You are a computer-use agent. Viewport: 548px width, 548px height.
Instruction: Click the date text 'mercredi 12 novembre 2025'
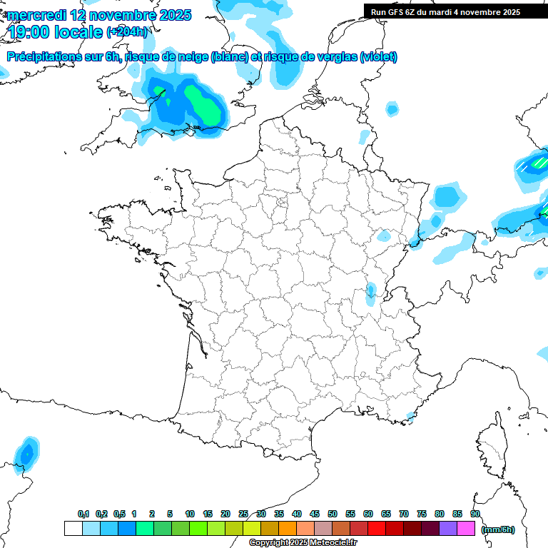98,15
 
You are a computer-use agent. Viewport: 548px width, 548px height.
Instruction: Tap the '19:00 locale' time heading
55,31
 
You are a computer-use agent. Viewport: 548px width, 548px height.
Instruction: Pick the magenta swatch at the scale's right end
466,529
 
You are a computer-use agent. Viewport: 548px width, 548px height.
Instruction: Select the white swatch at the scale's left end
73,529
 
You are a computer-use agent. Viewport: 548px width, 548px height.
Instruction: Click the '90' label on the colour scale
475,514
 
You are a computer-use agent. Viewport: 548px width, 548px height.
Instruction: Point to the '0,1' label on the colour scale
83,514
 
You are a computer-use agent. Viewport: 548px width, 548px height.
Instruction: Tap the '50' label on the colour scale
333,514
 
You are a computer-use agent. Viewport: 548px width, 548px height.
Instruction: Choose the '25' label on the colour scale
243,514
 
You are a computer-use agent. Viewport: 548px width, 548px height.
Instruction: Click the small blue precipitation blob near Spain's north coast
27,453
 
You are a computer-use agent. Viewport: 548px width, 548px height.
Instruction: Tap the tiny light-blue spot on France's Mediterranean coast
410,416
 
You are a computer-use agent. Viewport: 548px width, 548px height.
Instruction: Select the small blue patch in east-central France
371,290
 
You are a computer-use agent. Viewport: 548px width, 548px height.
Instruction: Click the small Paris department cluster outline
282,203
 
